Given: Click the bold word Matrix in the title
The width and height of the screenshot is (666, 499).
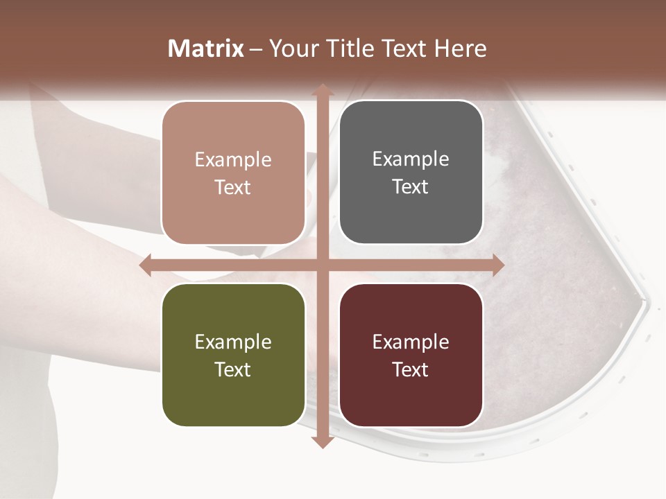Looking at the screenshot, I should (206, 49).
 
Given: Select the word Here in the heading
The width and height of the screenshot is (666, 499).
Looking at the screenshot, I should (460, 49).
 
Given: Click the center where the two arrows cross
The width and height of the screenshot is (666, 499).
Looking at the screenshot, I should (322, 265).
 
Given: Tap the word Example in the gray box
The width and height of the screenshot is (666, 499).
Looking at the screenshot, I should (411, 159).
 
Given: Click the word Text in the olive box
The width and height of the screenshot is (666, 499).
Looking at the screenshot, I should (233, 369).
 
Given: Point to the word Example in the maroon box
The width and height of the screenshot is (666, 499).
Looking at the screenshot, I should (411, 342).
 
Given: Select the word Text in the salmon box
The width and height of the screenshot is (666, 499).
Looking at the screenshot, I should (233, 187).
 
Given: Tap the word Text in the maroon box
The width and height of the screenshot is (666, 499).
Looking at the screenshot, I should (411, 369).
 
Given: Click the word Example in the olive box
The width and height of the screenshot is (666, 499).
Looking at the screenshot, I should (233, 342).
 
